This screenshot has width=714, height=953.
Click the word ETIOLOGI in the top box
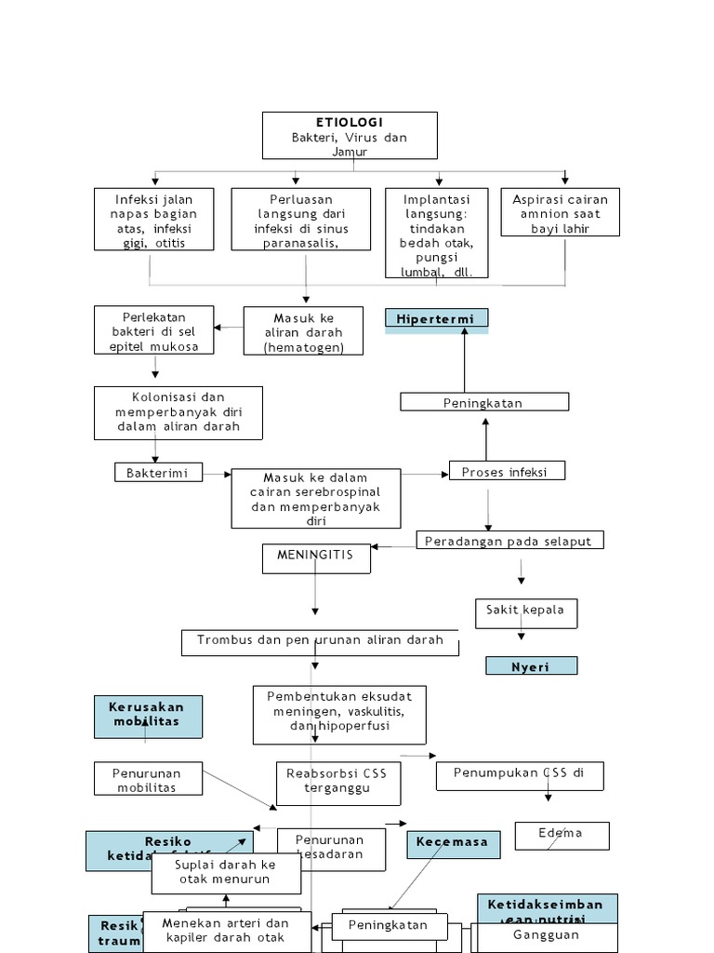tap(349, 122)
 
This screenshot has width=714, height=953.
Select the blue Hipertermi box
tap(436, 319)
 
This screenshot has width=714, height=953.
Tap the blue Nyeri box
tap(531, 665)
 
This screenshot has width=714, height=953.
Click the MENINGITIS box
tap(316, 558)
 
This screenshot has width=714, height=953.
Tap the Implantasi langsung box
tap(437, 234)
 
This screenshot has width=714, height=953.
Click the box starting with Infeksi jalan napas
tap(154, 220)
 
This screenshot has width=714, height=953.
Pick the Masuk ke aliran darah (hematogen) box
tap(303, 332)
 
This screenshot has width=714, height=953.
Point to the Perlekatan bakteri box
tap(154, 330)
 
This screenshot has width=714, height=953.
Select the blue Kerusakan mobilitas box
tap(148, 716)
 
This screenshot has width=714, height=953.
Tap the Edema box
tap(562, 835)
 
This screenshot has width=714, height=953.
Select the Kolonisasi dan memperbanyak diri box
tap(178, 412)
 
